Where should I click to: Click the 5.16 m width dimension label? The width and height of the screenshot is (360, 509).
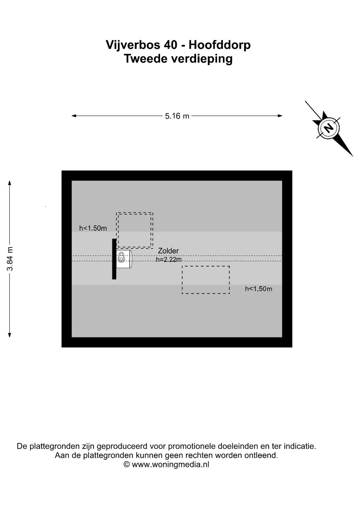[x=177, y=116]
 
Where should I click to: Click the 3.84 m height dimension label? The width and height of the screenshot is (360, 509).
[x=10, y=259]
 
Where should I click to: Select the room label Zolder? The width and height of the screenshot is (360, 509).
[x=168, y=251]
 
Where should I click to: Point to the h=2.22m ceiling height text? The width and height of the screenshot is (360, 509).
[x=169, y=260]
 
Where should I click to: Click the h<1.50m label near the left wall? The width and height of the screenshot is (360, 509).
[x=93, y=228]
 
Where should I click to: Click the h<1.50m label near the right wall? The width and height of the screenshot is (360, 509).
[x=258, y=289]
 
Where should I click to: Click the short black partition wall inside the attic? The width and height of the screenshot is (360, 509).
[x=114, y=259]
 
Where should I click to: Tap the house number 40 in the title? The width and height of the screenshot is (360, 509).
[x=170, y=45]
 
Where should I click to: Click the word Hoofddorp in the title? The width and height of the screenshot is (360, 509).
[x=219, y=45]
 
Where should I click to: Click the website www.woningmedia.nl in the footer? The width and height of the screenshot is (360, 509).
[x=170, y=472]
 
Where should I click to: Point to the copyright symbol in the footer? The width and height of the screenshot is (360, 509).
[x=127, y=472]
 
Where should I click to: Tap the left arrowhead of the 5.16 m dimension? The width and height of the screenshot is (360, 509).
[x=74, y=116]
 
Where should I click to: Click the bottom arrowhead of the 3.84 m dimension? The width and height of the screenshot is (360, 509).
[x=10, y=335]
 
